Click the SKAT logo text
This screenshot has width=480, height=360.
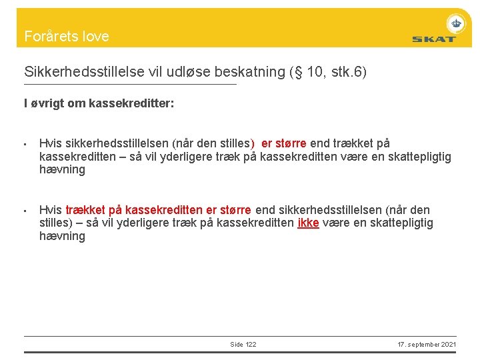pyautogui.click(x=433, y=39)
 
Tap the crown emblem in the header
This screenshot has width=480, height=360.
pyautogui.click(x=456, y=23)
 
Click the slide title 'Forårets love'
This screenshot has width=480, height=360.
pyautogui.click(x=67, y=37)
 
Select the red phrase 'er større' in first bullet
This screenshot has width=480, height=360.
pyautogui.click(x=284, y=143)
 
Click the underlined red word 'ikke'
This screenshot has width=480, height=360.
pyautogui.click(x=308, y=223)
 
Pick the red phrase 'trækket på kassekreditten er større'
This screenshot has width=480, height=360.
pyautogui.click(x=158, y=210)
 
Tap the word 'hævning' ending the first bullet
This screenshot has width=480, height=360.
pyautogui.click(x=62, y=170)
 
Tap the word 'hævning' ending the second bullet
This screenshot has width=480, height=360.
pyautogui.click(x=62, y=237)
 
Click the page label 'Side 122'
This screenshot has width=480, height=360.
pyautogui.click(x=243, y=344)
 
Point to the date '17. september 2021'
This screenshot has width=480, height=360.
pyautogui.click(x=427, y=344)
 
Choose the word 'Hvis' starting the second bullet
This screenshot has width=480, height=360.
pyautogui.click(x=51, y=210)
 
